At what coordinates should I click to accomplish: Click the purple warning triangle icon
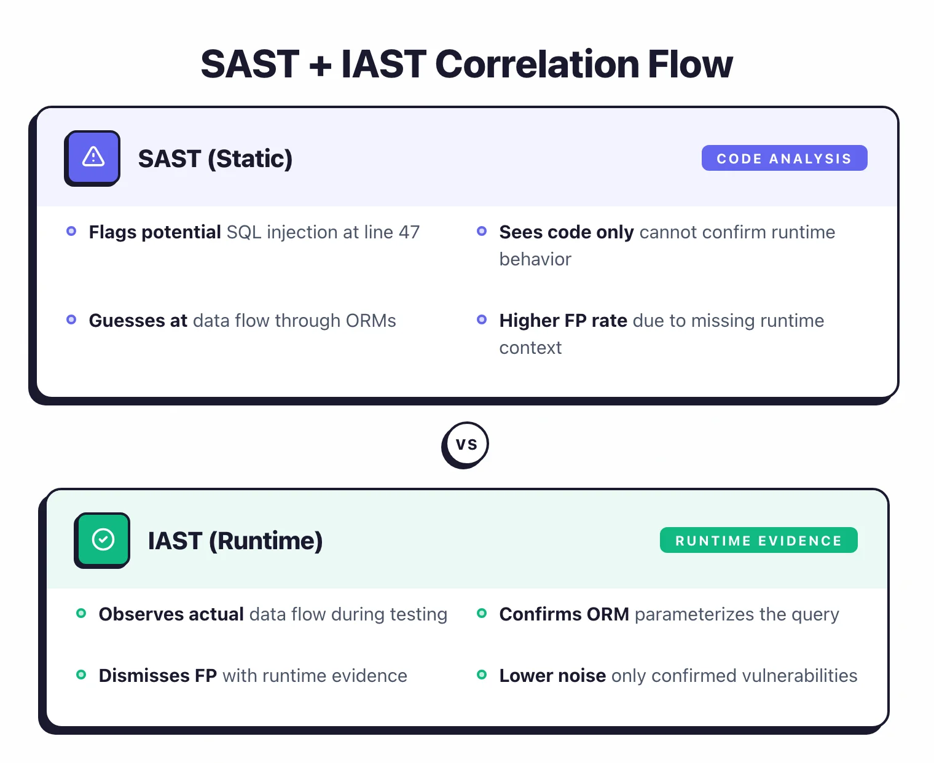(93, 157)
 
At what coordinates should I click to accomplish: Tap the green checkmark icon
(103, 539)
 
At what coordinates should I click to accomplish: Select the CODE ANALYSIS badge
(784, 158)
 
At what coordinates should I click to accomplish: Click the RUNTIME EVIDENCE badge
(758, 541)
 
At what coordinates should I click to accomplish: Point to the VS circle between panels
(466, 444)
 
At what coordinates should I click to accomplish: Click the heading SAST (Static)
(215, 159)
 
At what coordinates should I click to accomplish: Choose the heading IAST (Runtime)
(235, 541)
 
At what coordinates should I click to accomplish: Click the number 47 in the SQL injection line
(409, 232)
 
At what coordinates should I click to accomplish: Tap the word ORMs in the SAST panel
(371, 321)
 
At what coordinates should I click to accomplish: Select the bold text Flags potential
(155, 232)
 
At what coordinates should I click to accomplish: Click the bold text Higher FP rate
(563, 321)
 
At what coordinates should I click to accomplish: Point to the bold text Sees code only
(566, 232)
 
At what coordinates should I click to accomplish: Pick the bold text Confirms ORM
(564, 614)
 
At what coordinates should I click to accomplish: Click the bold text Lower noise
(552, 676)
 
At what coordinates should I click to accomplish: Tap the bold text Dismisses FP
(157, 676)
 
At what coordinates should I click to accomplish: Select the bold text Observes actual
(171, 614)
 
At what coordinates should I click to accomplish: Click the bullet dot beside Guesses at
(71, 319)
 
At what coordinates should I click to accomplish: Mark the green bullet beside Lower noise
(482, 675)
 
